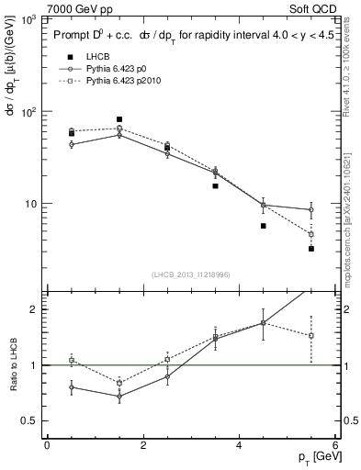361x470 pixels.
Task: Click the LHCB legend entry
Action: pyautogui.click(x=85, y=58)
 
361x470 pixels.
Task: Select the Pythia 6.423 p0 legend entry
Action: pyautogui.click(x=118, y=69)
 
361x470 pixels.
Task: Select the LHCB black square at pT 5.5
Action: pyautogui.click(x=311, y=249)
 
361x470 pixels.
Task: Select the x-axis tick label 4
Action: pyautogui.click(x=240, y=445)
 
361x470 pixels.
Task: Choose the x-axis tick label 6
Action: pyautogui.click(x=335, y=445)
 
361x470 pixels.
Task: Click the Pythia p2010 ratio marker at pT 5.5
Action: pyautogui.click(x=311, y=335)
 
